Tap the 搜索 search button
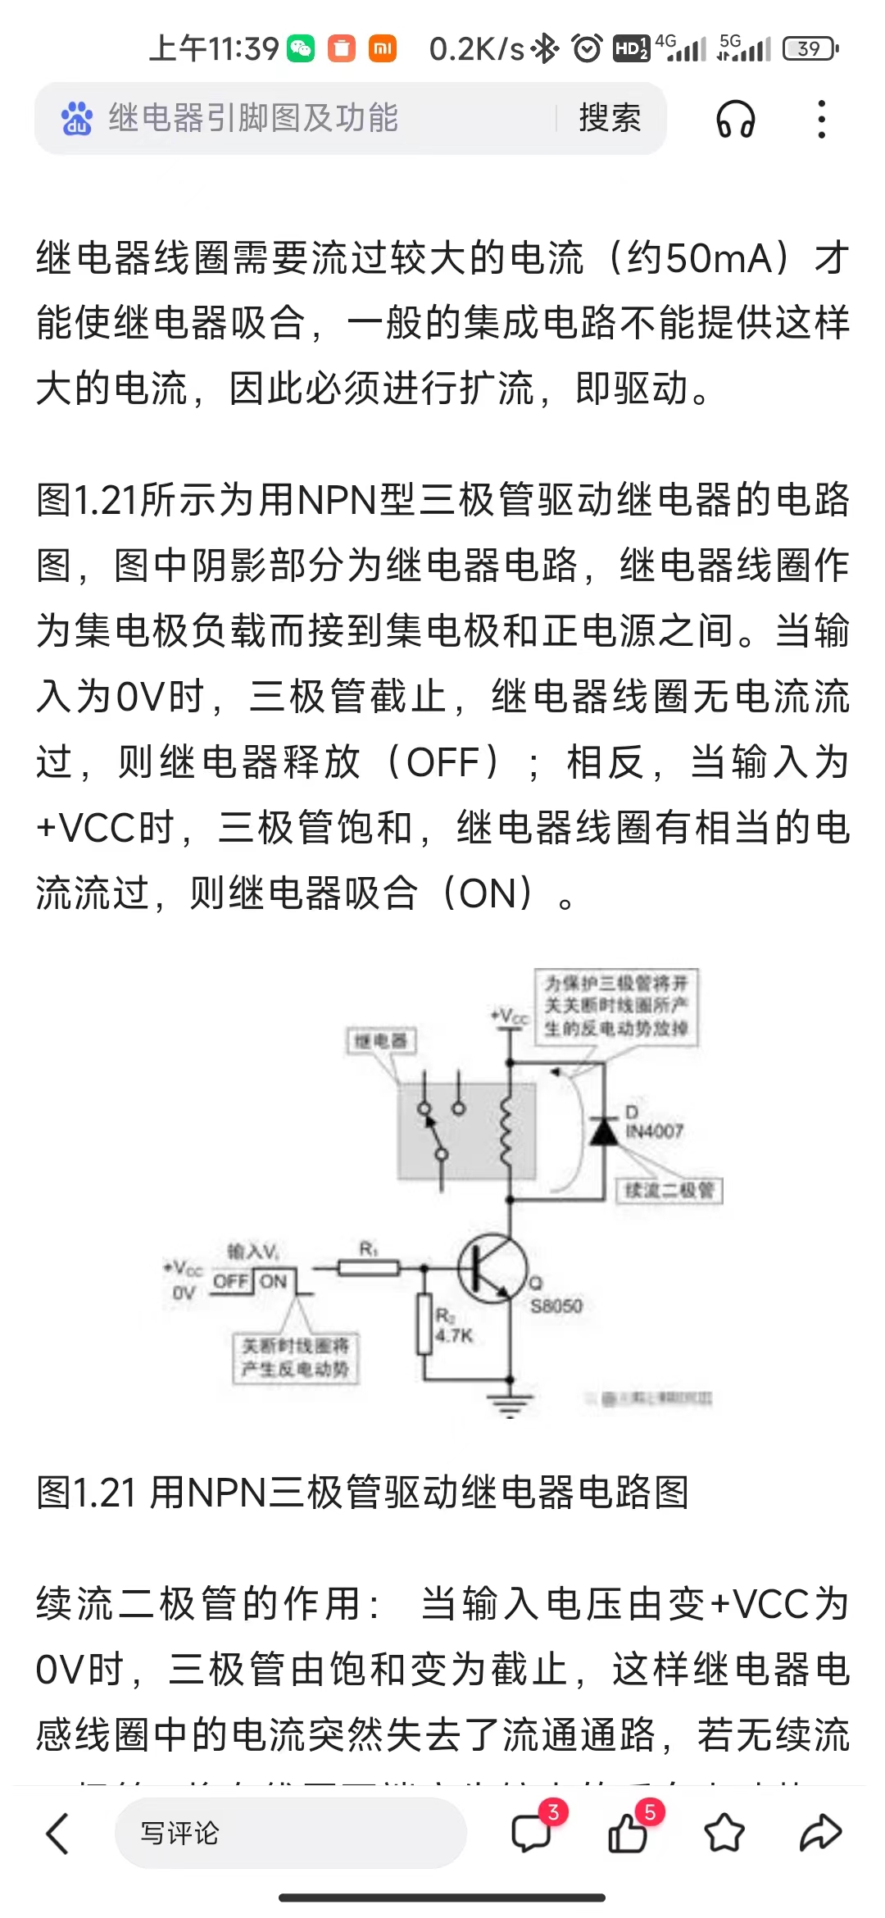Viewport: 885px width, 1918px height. point(610,118)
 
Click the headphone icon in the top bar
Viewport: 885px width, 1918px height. point(735,120)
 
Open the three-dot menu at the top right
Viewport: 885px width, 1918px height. point(821,120)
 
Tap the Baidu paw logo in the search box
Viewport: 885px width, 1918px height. point(77,119)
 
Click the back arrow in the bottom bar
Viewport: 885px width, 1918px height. point(57,1834)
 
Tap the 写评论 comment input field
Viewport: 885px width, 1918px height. point(290,1834)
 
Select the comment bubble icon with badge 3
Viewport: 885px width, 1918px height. point(532,1834)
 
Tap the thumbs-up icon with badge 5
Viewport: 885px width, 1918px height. point(628,1834)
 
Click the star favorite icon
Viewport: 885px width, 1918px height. point(724,1834)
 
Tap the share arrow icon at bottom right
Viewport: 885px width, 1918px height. point(820,1834)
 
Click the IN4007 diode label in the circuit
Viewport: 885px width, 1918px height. point(654,1131)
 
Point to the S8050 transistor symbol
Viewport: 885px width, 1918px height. point(492,1269)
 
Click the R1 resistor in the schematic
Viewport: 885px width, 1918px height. point(369,1269)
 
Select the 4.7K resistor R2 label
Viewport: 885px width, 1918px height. point(453,1335)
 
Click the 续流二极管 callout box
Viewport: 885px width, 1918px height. point(669,1190)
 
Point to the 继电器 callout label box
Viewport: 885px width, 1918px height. point(381,1041)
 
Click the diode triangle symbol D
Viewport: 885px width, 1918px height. point(605,1131)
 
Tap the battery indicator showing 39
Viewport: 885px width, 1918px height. point(810,48)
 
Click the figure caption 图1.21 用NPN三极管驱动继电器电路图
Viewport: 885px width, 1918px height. point(362,1493)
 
